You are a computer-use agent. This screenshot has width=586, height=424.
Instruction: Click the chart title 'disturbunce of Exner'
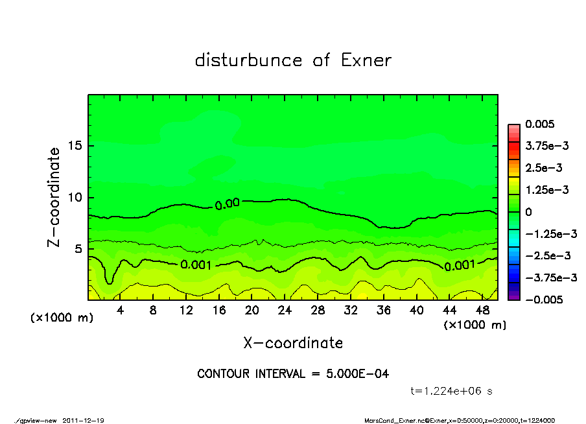[293, 61]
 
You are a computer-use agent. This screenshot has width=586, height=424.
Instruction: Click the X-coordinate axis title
[293, 342]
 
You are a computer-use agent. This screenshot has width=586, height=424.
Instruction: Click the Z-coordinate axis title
[54, 197]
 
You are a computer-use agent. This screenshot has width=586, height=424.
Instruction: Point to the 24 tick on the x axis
[285, 311]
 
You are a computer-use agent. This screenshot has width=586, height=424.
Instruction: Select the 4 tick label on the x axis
[121, 311]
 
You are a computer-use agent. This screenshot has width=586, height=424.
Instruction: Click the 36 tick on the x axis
[384, 311]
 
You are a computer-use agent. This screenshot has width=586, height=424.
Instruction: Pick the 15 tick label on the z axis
[76, 145]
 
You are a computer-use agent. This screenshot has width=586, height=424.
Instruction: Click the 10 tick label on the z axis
[76, 197]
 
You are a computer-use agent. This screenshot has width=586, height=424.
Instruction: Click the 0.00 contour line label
[228, 204]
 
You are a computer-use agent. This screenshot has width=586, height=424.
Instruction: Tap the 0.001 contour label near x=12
[197, 265]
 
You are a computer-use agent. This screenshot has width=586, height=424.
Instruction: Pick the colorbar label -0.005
[543, 300]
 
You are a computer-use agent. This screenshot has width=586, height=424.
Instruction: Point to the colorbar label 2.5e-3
[543, 168]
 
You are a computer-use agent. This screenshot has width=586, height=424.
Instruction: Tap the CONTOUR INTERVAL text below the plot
[293, 374]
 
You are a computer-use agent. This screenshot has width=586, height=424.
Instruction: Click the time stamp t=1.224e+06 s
[452, 391]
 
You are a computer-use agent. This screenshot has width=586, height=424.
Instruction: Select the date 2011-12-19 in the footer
[84, 420]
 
